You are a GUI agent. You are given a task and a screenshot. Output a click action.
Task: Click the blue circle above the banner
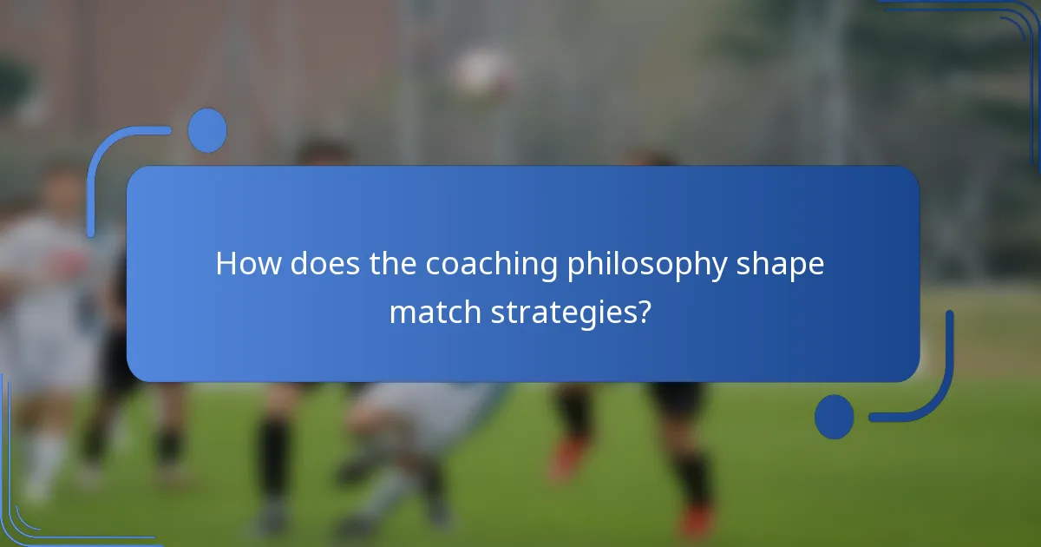(x=207, y=130)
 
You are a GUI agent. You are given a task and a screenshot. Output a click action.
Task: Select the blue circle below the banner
(x=834, y=416)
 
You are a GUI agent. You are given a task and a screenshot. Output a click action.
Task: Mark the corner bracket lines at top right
(x=998, y=26)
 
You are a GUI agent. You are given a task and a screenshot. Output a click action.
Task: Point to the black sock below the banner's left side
(x=274, y=451)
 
